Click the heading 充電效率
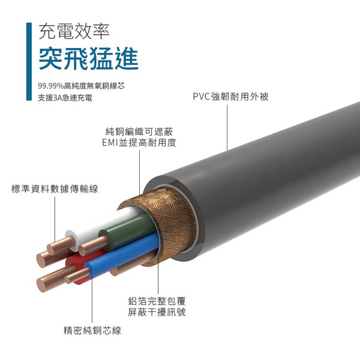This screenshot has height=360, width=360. [x=74, y=31]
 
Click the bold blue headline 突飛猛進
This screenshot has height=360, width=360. [x=89, y=58]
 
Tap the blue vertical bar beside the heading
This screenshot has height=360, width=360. [x=29, y=62]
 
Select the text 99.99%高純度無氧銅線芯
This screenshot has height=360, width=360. [x=81, y=86]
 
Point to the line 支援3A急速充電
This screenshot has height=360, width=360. [x=65, y=98]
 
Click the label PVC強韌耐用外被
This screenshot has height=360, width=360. [x=231, y=97]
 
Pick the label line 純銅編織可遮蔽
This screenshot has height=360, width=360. [x=139, y=131]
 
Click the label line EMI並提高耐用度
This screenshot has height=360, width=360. [x=139, y=143]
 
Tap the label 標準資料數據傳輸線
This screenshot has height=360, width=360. [x=55, y=189]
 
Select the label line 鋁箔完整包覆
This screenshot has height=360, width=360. [x=157, y=301]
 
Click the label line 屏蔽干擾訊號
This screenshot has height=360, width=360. [x=157, y=312]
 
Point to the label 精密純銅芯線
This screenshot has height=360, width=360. [x=92, y=331]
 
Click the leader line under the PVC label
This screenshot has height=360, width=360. [x=227, y=128]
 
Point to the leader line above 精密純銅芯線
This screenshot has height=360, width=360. [x=92, y=300]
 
